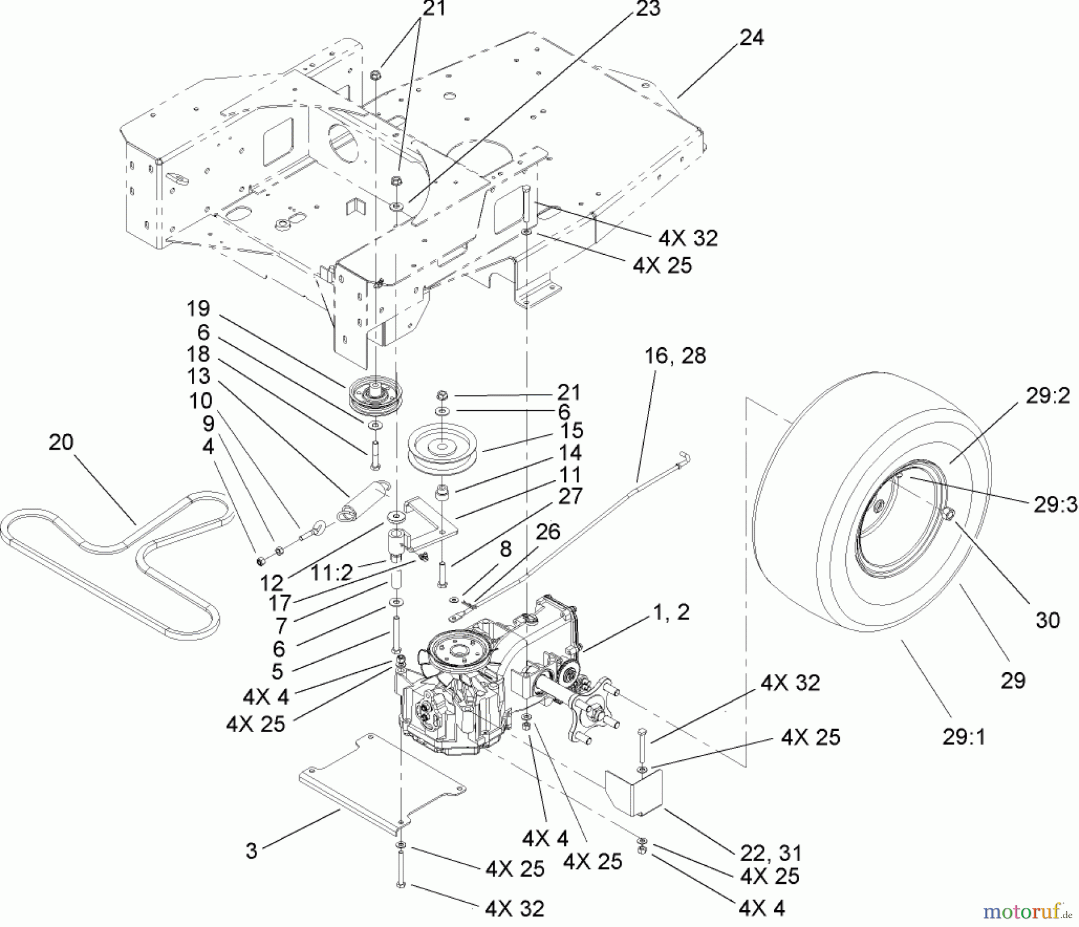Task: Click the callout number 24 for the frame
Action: point(752,38)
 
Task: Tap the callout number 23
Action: point(647,9)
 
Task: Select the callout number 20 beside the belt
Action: point(61,443)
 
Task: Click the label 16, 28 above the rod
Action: point(675,356)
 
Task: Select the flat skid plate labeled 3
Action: point(382,782)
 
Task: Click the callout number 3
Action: point(251,851)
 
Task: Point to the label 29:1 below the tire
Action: point(964,736)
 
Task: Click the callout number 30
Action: point(1048,620)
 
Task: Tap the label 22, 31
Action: point(771,853)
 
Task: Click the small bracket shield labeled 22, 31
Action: point(633,791)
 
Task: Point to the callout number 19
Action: point(198,309)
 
